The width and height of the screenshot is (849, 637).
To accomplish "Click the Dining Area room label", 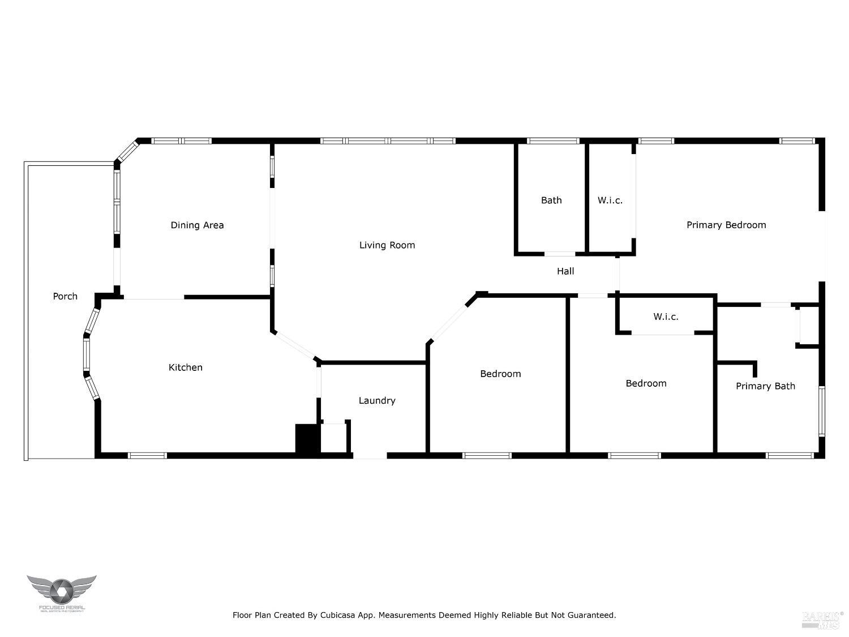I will click(x=197, y=225).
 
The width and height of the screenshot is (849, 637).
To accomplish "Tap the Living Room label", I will click(x=387, y=245).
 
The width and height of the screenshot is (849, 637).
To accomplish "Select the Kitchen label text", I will click(x=186, y=367).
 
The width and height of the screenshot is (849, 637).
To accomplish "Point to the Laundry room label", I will click(x=377, y=401).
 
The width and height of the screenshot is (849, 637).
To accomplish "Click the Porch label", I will click(x=65, y=296).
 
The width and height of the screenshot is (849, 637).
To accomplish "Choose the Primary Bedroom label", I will click(x=726, y=225).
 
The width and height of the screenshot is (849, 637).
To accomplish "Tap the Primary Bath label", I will click(x=765, y=386).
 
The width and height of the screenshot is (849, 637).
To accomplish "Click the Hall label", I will click(x=565, y=271).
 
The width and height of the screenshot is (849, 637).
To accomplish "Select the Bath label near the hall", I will click(x=551, y=200).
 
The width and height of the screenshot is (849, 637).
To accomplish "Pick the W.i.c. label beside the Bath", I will click(x=610, y=200).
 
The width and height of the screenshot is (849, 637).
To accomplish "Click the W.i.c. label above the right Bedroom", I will click(x=666, y=317).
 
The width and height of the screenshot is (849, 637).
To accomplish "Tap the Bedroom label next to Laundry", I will click(x=500, y=374).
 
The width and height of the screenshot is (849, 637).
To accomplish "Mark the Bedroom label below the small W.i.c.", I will click(x=646, y=383).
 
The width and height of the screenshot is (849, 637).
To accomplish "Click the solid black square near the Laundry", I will click(x=307, y=438).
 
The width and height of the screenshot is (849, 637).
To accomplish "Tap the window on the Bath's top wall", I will click(x=552, y=141).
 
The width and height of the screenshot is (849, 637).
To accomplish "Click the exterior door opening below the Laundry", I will click(x=370, y=455).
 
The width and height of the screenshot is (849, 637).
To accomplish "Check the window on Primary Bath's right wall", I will click(x=822, y=411).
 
